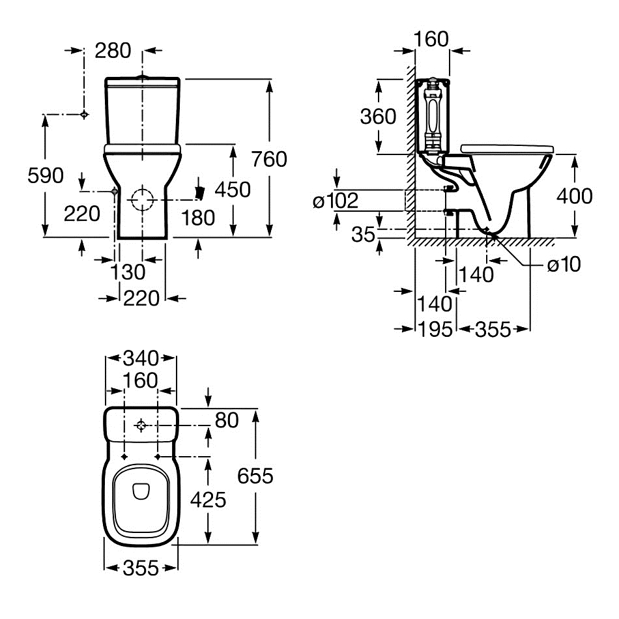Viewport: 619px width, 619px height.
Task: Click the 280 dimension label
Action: pyautogui.click(x=113, y=50)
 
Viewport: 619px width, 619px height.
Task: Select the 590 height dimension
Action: pyautogui.click(x=45, y=175)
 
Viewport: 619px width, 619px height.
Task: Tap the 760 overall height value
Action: pyautogui.click(x=268, y=159)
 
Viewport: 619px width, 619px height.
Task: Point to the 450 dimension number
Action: pyautogui.click(x=233, y=190)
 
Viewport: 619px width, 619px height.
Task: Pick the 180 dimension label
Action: pyautogui.click(x=197, y=218)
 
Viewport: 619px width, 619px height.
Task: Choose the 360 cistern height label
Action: pyautogui.click(x=378, y=117)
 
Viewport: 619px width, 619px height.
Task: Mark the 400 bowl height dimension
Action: pyautogui.click(x=575, y=195)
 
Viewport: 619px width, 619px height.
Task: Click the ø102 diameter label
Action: pyautogui.click(x=336, y=201)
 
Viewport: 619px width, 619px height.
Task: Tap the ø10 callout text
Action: pyautogui.click(x=563, y=264)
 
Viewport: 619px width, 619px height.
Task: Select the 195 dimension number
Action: pyautogui.click(x=435, y=329)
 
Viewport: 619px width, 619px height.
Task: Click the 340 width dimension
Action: pyautogui.click(x=141, y=358)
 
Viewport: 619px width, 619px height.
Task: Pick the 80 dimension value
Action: pyautogui.click(x=226, y=420)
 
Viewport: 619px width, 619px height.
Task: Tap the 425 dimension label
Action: pyautogui.click(x=208, y=500)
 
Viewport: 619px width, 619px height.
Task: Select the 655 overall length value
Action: pyautogui.click(x=255, y=476)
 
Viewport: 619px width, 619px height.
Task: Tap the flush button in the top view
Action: pyautogui.click(x=142, y=426)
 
